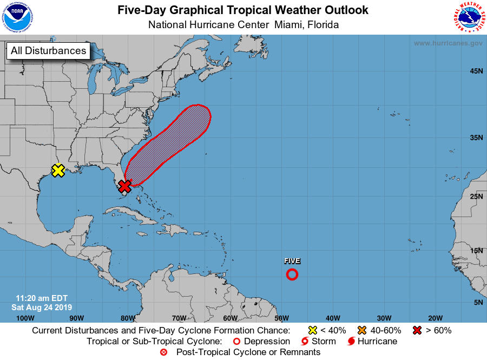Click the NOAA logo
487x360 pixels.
(17, 17)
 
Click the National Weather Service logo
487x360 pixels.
(468, 17)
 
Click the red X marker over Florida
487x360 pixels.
(125, 187)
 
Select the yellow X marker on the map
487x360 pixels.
(58, 171)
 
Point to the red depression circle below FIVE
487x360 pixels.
(292, 274)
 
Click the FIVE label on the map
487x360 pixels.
(292, 261)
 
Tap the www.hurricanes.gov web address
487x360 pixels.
(448, 43)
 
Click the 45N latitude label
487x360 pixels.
(477, 71)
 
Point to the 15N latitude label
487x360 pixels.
(477, 251)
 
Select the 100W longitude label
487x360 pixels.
(25, 318)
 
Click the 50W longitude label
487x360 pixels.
(281, 318)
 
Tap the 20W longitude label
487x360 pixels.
(435, 318)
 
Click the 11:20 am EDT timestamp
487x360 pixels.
(42, 298)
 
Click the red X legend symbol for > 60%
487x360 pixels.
(417, 330)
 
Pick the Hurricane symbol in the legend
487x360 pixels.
(352, 342)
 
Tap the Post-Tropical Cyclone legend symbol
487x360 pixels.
(164, 352)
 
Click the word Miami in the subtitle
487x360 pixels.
(287, 25)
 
